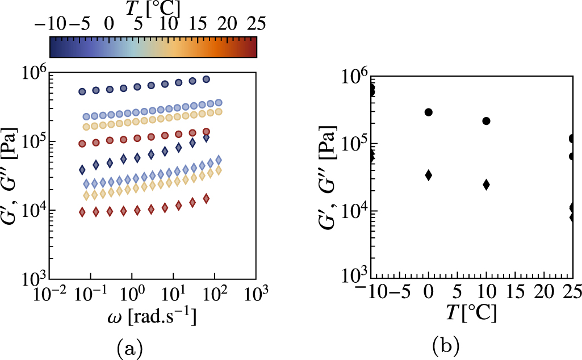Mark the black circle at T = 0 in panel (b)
[428, 112]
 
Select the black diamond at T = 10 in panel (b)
[486, 185]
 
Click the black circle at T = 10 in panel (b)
[486, 121]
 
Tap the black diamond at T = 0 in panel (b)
[428, 175]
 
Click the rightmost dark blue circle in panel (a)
[206, 79]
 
